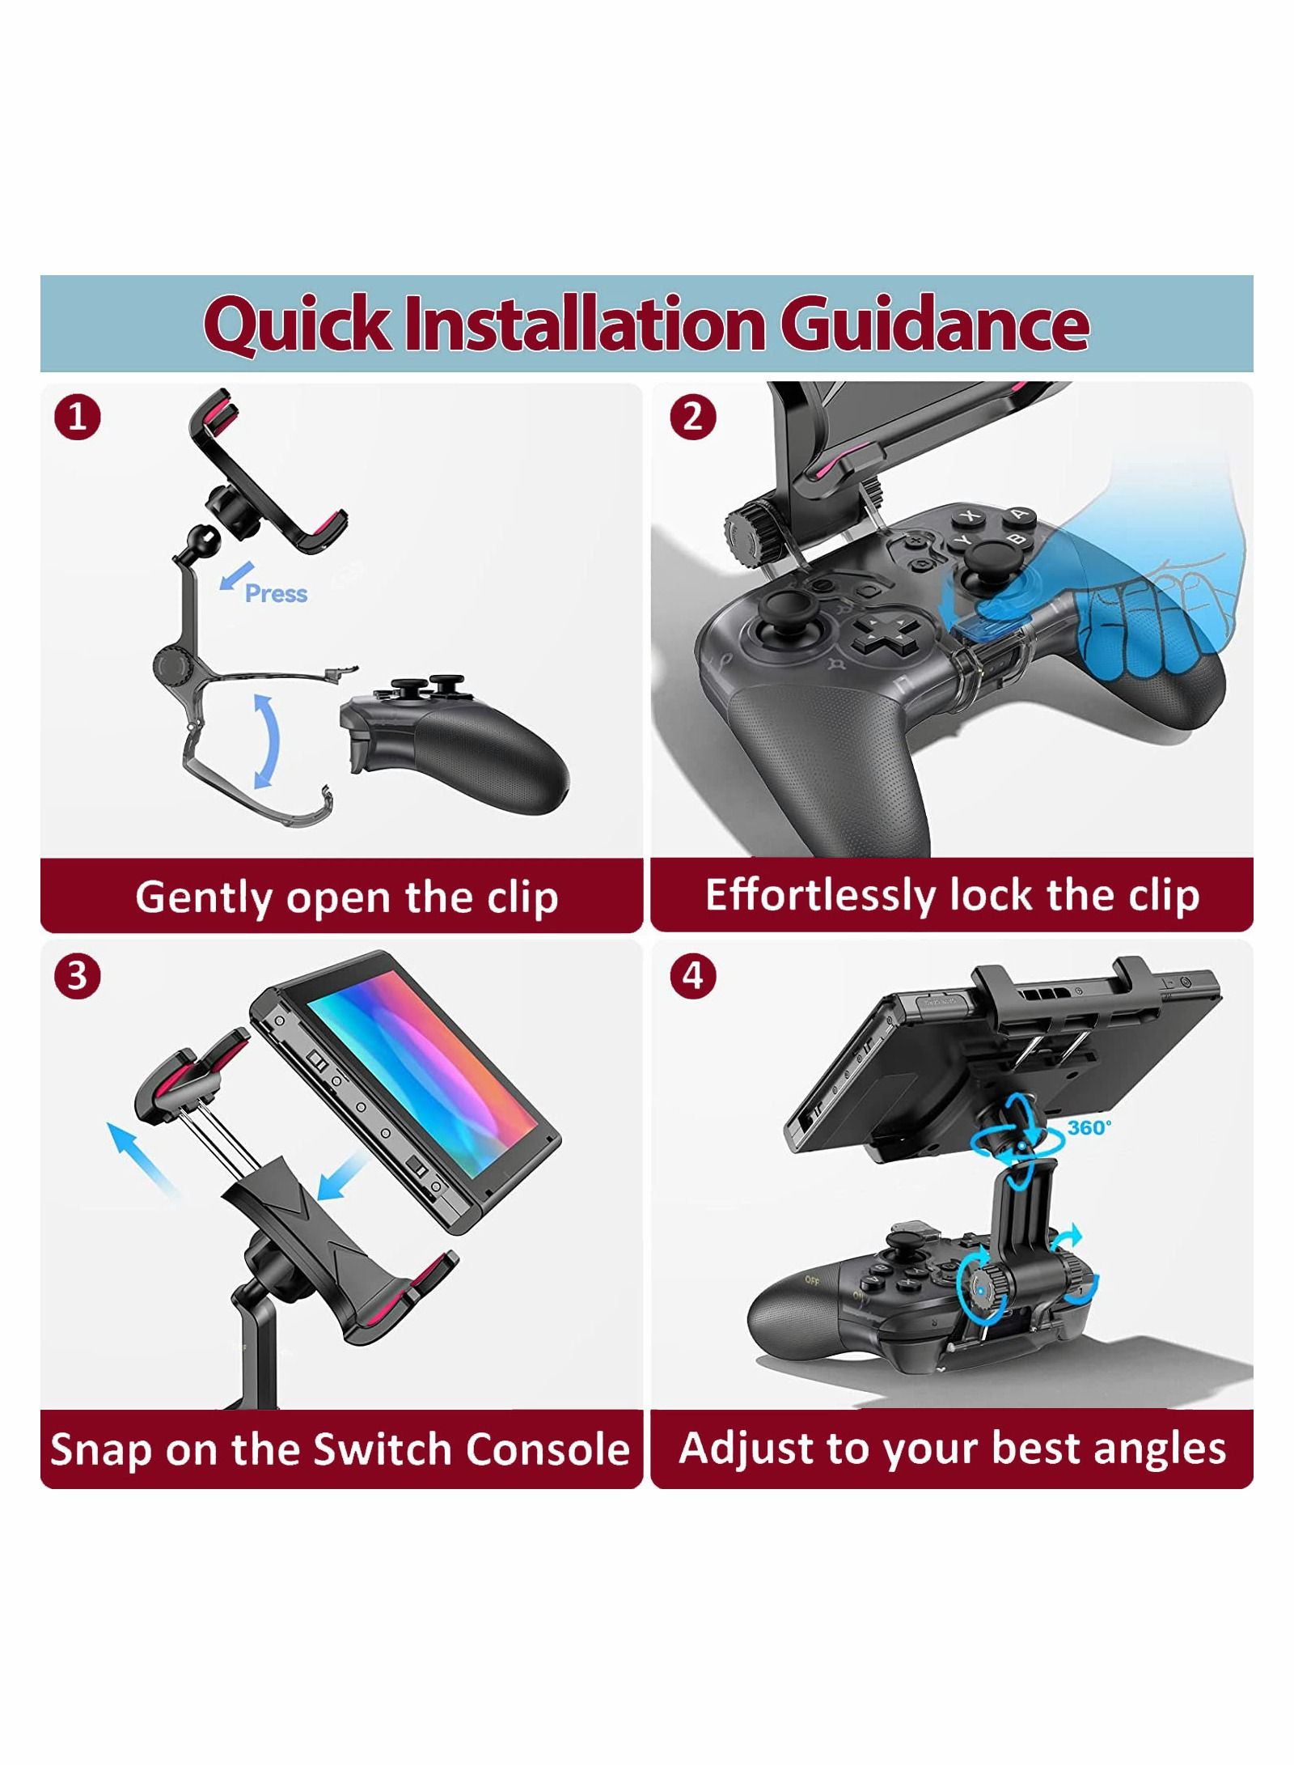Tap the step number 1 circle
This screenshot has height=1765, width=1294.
click(77, 418)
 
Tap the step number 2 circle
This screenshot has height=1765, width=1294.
click(693, 418)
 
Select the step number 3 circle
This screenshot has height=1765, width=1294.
click(77, 976)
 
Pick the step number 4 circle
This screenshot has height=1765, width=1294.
click(693, 976)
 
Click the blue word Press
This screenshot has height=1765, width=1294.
click(276, 593)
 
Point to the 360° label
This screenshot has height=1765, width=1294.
click(1089, 1127)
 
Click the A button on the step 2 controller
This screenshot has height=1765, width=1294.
click(1021, 513)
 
